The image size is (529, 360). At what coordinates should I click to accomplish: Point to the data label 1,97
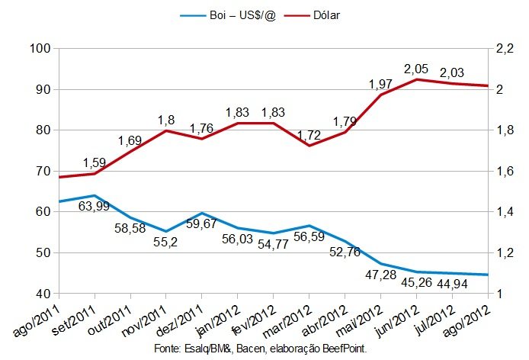coord(380,82)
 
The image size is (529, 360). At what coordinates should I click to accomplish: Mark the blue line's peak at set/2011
coord(95,196)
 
